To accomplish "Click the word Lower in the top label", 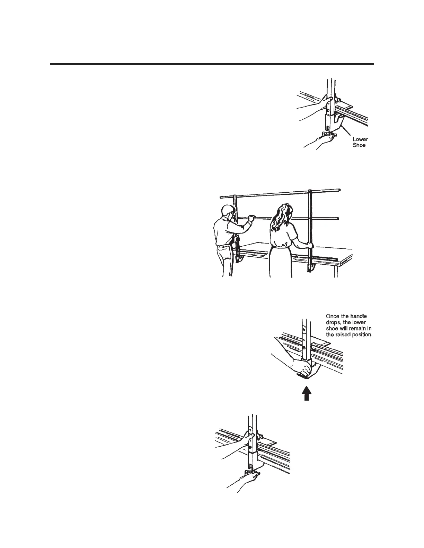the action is (360, 139).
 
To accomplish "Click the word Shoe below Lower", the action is (359, 145).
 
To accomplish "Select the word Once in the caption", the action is (333, 316).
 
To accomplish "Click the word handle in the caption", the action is (359, 316).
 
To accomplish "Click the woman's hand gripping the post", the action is (309, 245).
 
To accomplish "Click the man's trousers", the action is (225, 261).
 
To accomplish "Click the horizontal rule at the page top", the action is (212, 64).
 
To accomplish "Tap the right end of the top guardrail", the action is (339, 190).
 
